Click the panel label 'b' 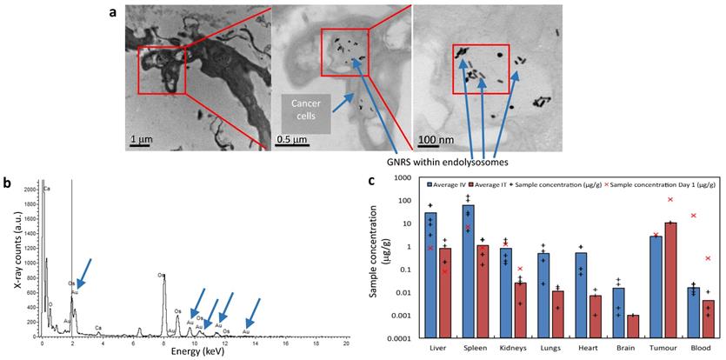[7, 183]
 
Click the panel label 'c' [372, 181]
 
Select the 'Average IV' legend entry [451, 185]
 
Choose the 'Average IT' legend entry [495, 185]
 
